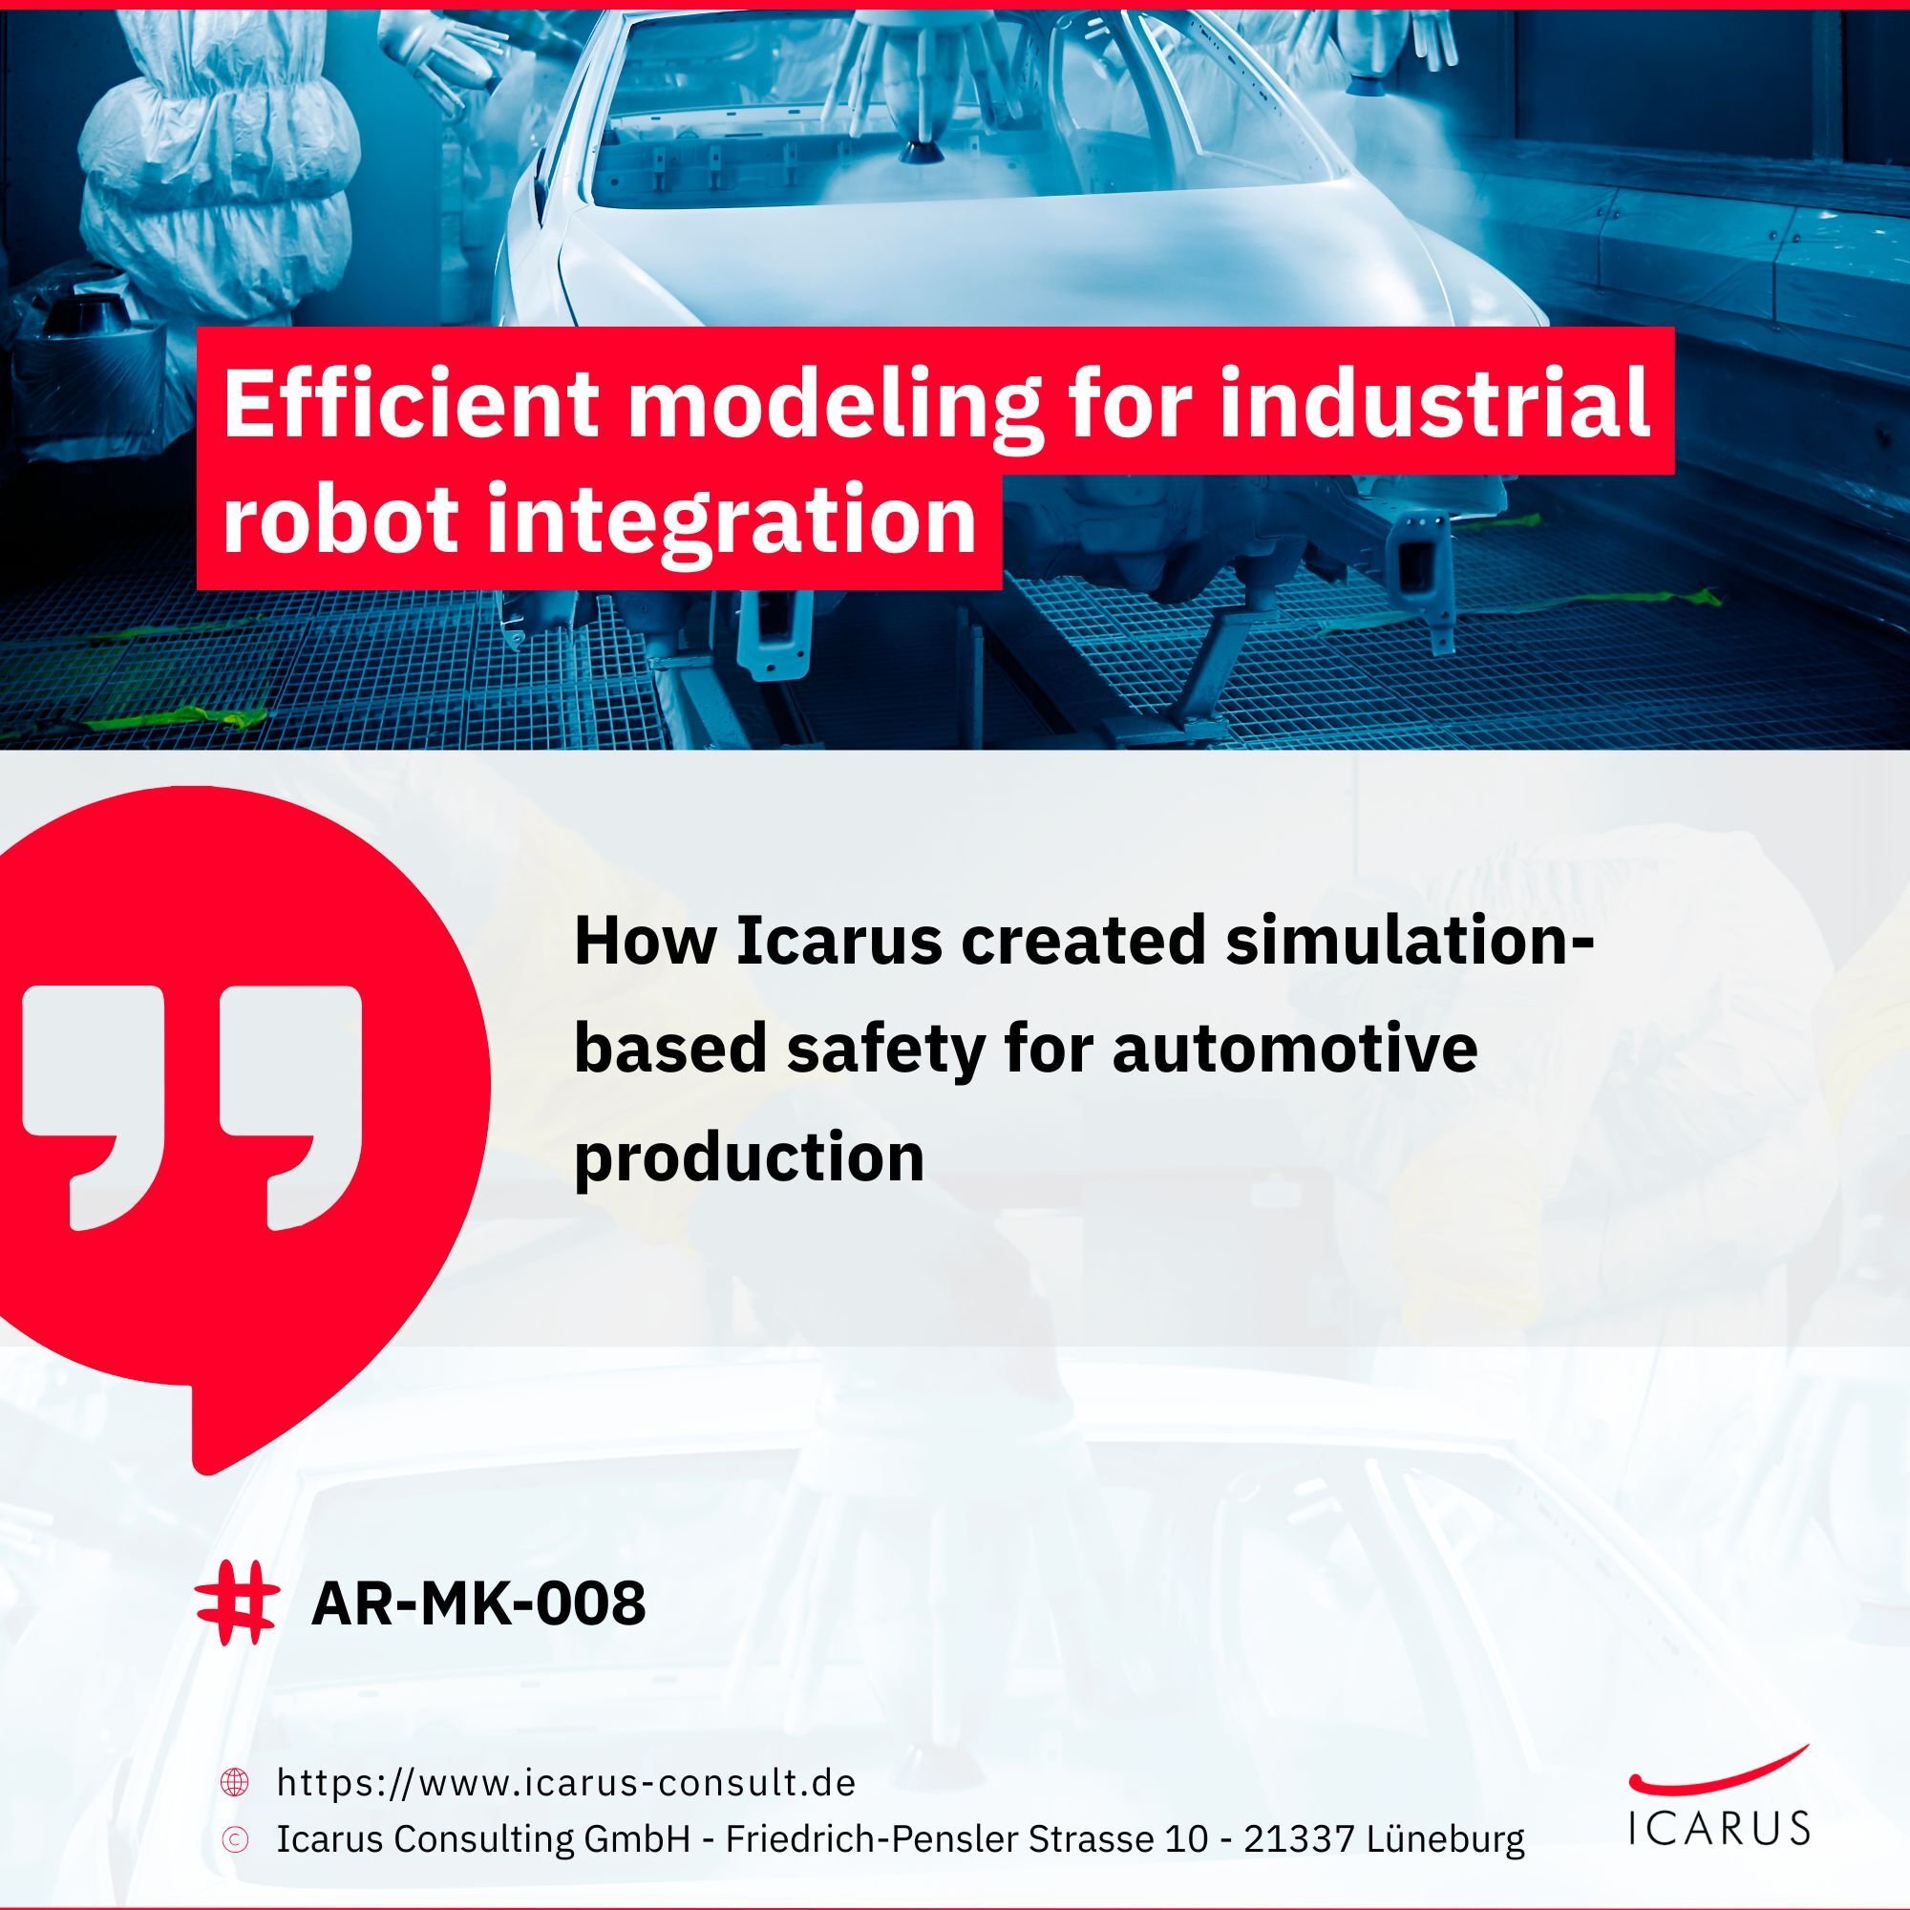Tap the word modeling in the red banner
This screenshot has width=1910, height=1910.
point(834,405)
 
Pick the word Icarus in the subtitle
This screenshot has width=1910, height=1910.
point(839,942)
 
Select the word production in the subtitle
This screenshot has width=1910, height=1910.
point(749,1157)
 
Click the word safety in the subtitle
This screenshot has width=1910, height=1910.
point(885,1050)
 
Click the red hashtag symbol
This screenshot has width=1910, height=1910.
point(234,1602)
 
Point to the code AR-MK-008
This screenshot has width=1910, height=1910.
point(478,1603)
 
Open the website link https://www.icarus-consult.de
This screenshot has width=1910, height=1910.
point(565,1782)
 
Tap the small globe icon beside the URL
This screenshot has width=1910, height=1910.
point(234,1782)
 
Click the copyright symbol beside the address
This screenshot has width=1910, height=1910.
point(234,1838)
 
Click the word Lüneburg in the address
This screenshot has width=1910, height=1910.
point(1446,1838)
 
